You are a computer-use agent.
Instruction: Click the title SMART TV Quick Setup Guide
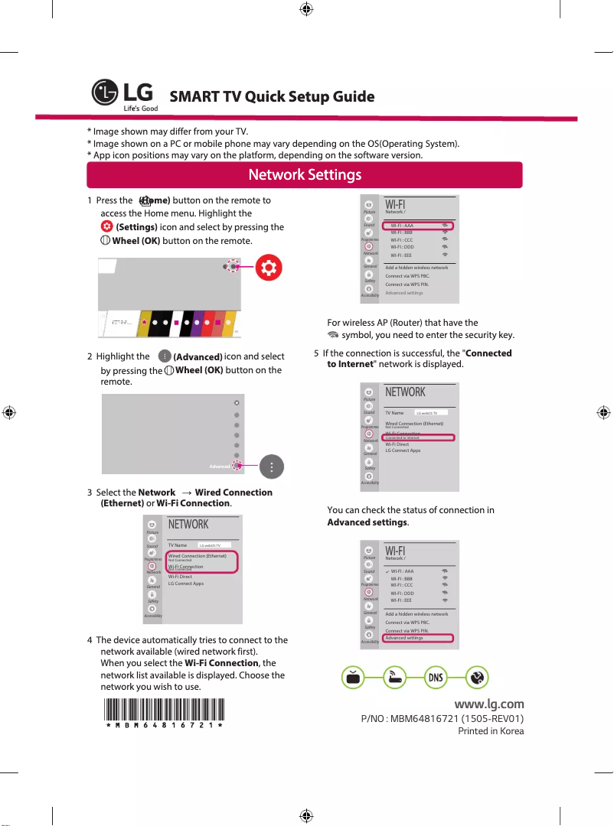272,97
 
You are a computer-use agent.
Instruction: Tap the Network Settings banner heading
305,175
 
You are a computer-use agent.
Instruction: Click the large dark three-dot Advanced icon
272,467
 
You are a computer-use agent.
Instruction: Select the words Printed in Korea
491,731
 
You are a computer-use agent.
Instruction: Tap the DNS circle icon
435,678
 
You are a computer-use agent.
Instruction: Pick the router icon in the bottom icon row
394,678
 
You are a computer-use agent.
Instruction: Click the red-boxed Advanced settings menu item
418,638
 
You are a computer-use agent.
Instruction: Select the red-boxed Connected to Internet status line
419,437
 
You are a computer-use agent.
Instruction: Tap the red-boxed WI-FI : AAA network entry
418,226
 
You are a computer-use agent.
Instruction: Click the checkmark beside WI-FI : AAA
387,571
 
